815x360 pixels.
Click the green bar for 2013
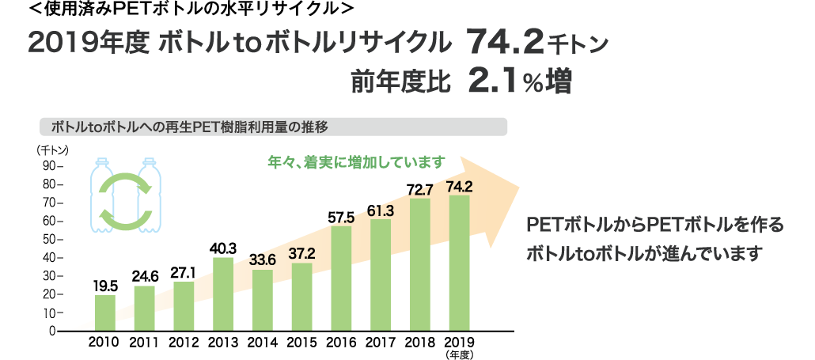[x=223, y=294]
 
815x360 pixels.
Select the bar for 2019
[x=460, y=263]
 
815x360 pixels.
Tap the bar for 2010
[x=105, y=313]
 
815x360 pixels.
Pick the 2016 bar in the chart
[x=342, y=278]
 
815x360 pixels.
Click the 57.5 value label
[x=342, y=217]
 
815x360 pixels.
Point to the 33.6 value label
[x=263, y=260]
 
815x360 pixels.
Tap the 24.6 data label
[x=144, y=276]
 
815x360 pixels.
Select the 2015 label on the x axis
[x=301, y=343]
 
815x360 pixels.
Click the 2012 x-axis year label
[x=184, y=343]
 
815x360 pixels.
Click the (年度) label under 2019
[x=460, y=355]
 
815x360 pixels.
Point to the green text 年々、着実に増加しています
[x=357, y=162]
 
